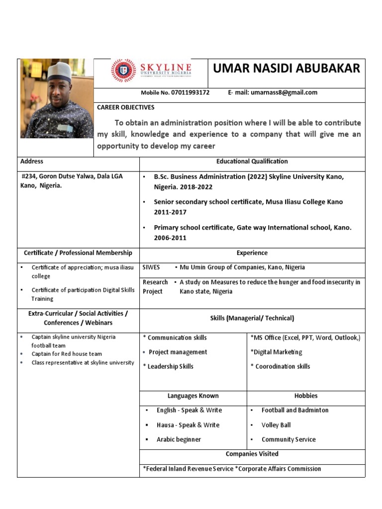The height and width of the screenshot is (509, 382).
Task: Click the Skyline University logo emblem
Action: [x=123, y=71]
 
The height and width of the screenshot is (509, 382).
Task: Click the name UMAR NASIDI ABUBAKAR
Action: [x=286, y=69]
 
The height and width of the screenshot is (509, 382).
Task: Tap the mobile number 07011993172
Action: [x=190, y=92]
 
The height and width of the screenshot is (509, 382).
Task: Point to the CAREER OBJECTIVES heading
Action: [x=125, y=107]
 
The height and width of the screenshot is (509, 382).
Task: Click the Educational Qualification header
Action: [x=252, y=161]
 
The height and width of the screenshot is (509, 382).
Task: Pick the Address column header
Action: [x=31, y=161]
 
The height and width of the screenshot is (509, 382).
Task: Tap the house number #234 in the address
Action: [x=29, y=176]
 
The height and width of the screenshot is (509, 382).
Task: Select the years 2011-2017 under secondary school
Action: [x=170, y=212]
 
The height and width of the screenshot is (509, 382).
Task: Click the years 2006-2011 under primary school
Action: [x=170, y=238]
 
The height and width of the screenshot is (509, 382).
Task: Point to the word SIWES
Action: [x=151, y=267]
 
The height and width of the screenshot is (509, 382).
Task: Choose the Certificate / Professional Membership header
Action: [x=78, y=253]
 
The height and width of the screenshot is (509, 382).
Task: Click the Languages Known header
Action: [x=193, y=396]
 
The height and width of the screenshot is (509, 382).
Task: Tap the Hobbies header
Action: [x=306, y=396]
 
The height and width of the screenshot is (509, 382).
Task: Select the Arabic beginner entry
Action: [x=179, y=439]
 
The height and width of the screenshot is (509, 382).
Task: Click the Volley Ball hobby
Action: [x=276, y=425]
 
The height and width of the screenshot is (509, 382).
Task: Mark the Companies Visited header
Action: [x=252, y=454]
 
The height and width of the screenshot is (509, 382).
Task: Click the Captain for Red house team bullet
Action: [x=67, y=354]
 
